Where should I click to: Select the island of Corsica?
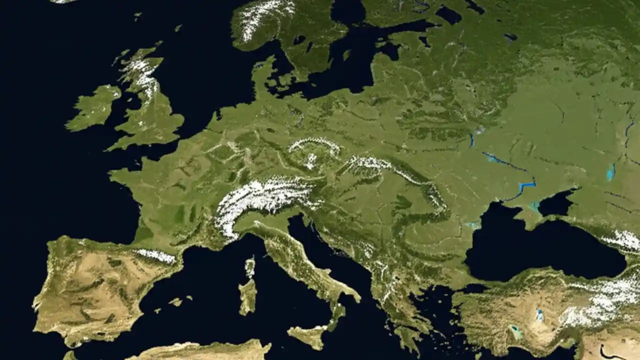coord(249,268)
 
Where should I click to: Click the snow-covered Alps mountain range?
coord(265,197)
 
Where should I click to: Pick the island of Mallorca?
coord(175,302)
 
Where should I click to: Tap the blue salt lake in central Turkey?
coord(539,315)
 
